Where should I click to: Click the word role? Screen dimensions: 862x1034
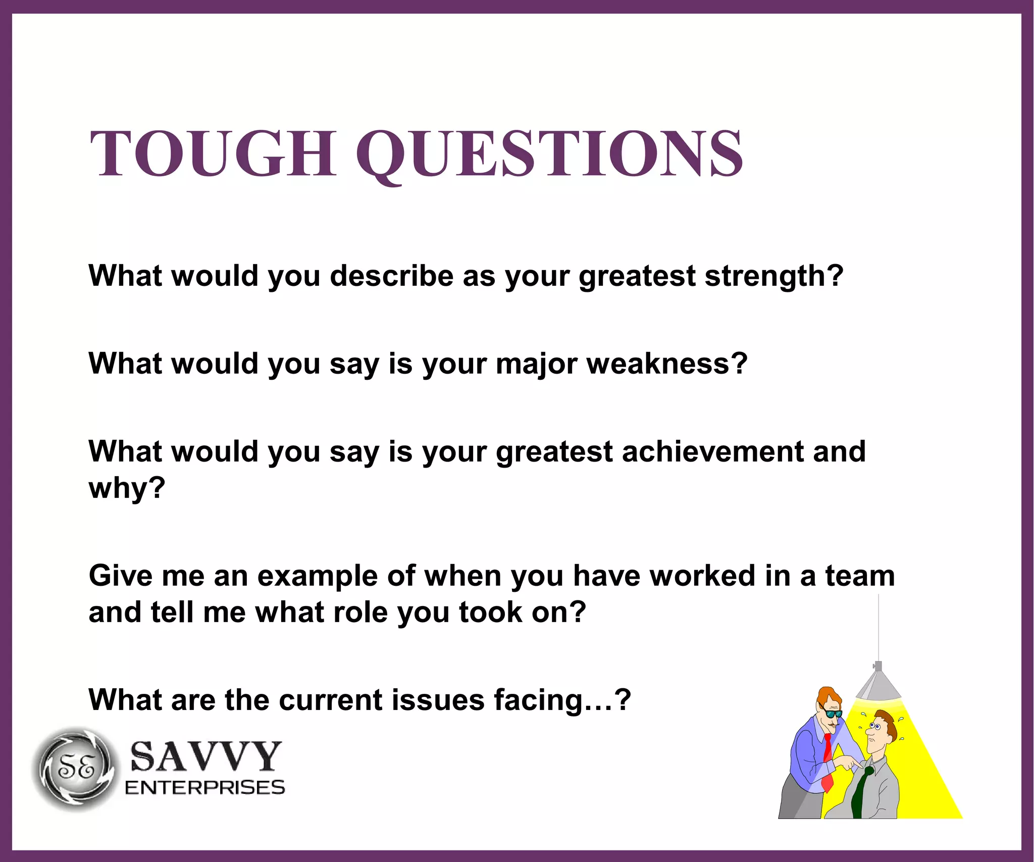pyautogui.click(x=356, y=612)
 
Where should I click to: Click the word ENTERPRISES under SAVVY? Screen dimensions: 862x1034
pyautogui.click(x=204, y=788)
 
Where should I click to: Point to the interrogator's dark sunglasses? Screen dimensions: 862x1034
pyautogui.click(x=832, y=714)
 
